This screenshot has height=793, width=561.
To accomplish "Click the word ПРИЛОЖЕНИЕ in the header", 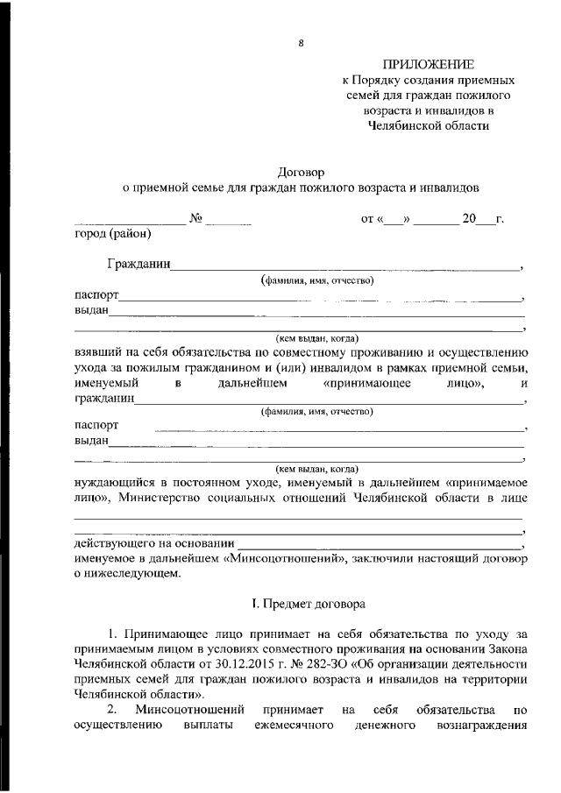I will [428, 65].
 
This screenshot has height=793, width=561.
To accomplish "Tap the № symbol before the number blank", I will [196, 218].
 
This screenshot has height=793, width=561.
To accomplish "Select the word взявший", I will [97, 351].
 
